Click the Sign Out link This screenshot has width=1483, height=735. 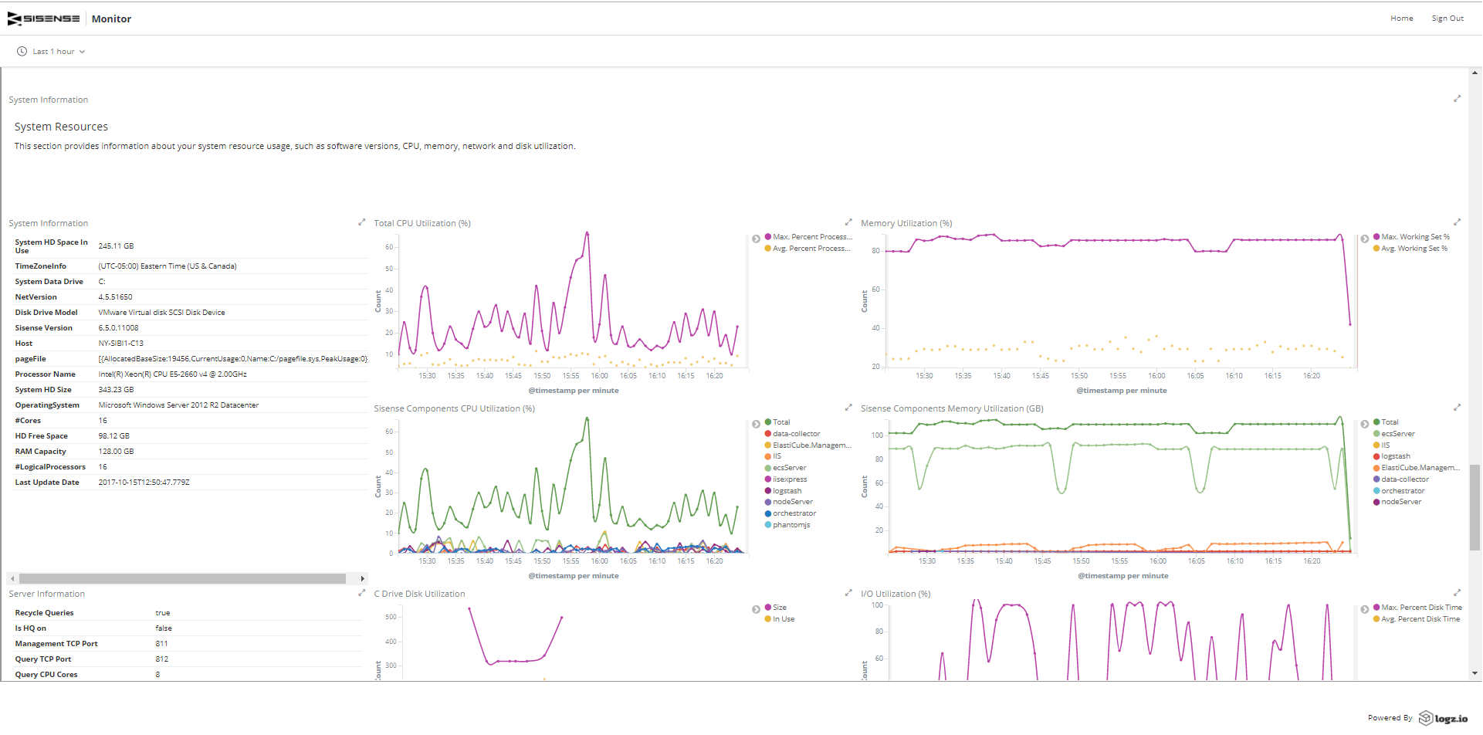coord(1447,19)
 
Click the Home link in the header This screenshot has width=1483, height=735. coord(1401,19)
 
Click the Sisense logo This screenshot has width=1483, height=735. coord(44,19)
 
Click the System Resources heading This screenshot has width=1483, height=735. coord(61,127)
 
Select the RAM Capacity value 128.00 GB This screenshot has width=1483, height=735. coord(116,452)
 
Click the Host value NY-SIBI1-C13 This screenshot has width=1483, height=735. coord(120,344)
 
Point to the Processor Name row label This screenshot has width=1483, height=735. coord(45,374)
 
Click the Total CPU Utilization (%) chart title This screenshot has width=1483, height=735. coord(422,223)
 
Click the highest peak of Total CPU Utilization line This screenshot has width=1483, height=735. coord(587,232)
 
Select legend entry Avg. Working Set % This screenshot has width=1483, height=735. coord(1414,249)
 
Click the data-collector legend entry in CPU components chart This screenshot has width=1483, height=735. coord(796,434)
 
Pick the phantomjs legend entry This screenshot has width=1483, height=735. coord(791,525)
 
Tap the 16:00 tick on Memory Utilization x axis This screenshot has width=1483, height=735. coord(1156,376)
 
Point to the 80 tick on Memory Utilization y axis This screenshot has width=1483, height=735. coord(875,251)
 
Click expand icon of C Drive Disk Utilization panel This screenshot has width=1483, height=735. coord(848,593)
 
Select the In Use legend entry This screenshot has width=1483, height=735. coord(783,619)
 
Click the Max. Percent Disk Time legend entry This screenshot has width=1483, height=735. coord(1420,608)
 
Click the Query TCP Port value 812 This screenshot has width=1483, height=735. coord(161,659)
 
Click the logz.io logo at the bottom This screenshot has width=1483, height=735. coord(1444,718)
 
